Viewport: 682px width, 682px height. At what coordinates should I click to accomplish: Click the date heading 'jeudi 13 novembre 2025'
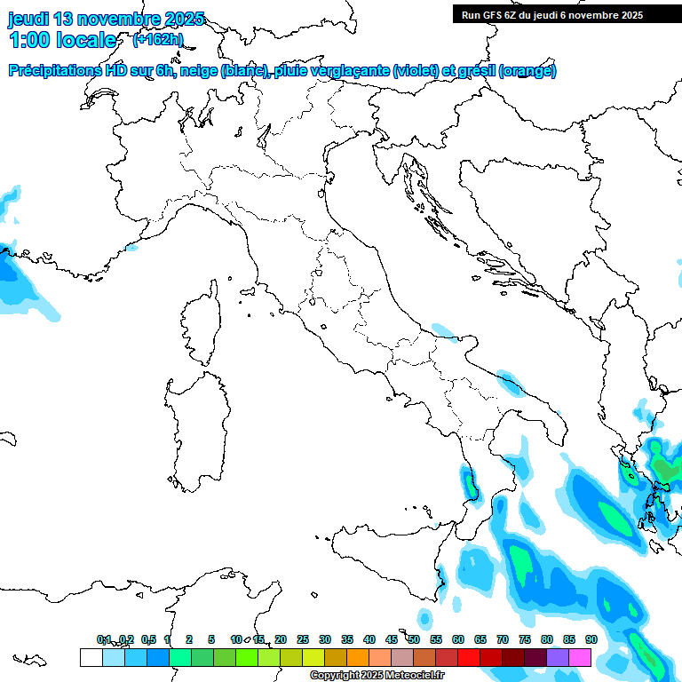(106, 19)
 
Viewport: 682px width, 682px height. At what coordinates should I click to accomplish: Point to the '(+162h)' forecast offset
(157, 39)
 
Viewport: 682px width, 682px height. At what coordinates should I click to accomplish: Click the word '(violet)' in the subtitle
(415, 71)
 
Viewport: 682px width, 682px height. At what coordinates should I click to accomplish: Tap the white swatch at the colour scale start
(91, 657)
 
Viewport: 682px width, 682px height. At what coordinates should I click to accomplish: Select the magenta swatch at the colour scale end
(580, 657)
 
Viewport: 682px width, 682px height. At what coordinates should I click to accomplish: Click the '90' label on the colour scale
(591, 639)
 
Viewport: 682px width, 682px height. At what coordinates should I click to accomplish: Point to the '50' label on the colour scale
(414, 639)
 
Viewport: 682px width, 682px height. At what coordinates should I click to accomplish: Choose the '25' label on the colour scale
(303, 639)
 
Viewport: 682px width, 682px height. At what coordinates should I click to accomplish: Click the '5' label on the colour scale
(211, 639)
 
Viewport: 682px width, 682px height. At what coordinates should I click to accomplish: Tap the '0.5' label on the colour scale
(148, 639)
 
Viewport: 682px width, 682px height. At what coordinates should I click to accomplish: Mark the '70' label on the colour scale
(503, 639)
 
